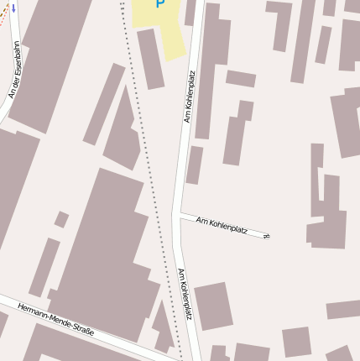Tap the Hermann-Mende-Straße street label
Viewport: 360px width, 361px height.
(x=55, y=320)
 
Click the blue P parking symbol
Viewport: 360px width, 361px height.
(x=160, y=4)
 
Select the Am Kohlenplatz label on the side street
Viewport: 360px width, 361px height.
(x=222, y=224)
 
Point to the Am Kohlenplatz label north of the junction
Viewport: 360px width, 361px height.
(x=190, y=97)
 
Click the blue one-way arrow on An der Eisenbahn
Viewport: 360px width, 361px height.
(x=13, y=8)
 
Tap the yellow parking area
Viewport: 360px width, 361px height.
(x=168, y=34)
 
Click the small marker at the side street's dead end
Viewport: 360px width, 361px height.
(x=267, y=236)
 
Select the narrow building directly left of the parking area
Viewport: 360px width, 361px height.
(x=151, y=59)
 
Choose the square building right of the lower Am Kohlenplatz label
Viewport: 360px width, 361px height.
(x=213, y=306)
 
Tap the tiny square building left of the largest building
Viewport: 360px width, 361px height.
(x=61, y=219)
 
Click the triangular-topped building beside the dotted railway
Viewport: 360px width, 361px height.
(x=123, y=134)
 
